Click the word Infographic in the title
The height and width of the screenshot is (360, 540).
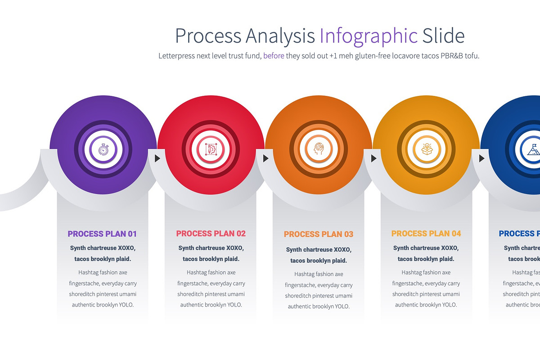point(369,36)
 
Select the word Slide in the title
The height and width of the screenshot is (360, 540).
point(443,36)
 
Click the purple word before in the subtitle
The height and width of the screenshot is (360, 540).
point(274,56)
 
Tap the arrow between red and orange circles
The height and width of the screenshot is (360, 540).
point(265,158)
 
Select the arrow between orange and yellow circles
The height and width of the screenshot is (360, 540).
point(373,158)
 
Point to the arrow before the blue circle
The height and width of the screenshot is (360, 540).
point(481,158)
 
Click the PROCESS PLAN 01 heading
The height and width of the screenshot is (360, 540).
point(102,234)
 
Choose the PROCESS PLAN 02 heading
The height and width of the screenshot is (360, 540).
point(211,234)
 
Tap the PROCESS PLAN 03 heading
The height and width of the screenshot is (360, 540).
point(319,234)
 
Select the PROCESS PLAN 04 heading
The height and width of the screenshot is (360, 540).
point(426,234)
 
